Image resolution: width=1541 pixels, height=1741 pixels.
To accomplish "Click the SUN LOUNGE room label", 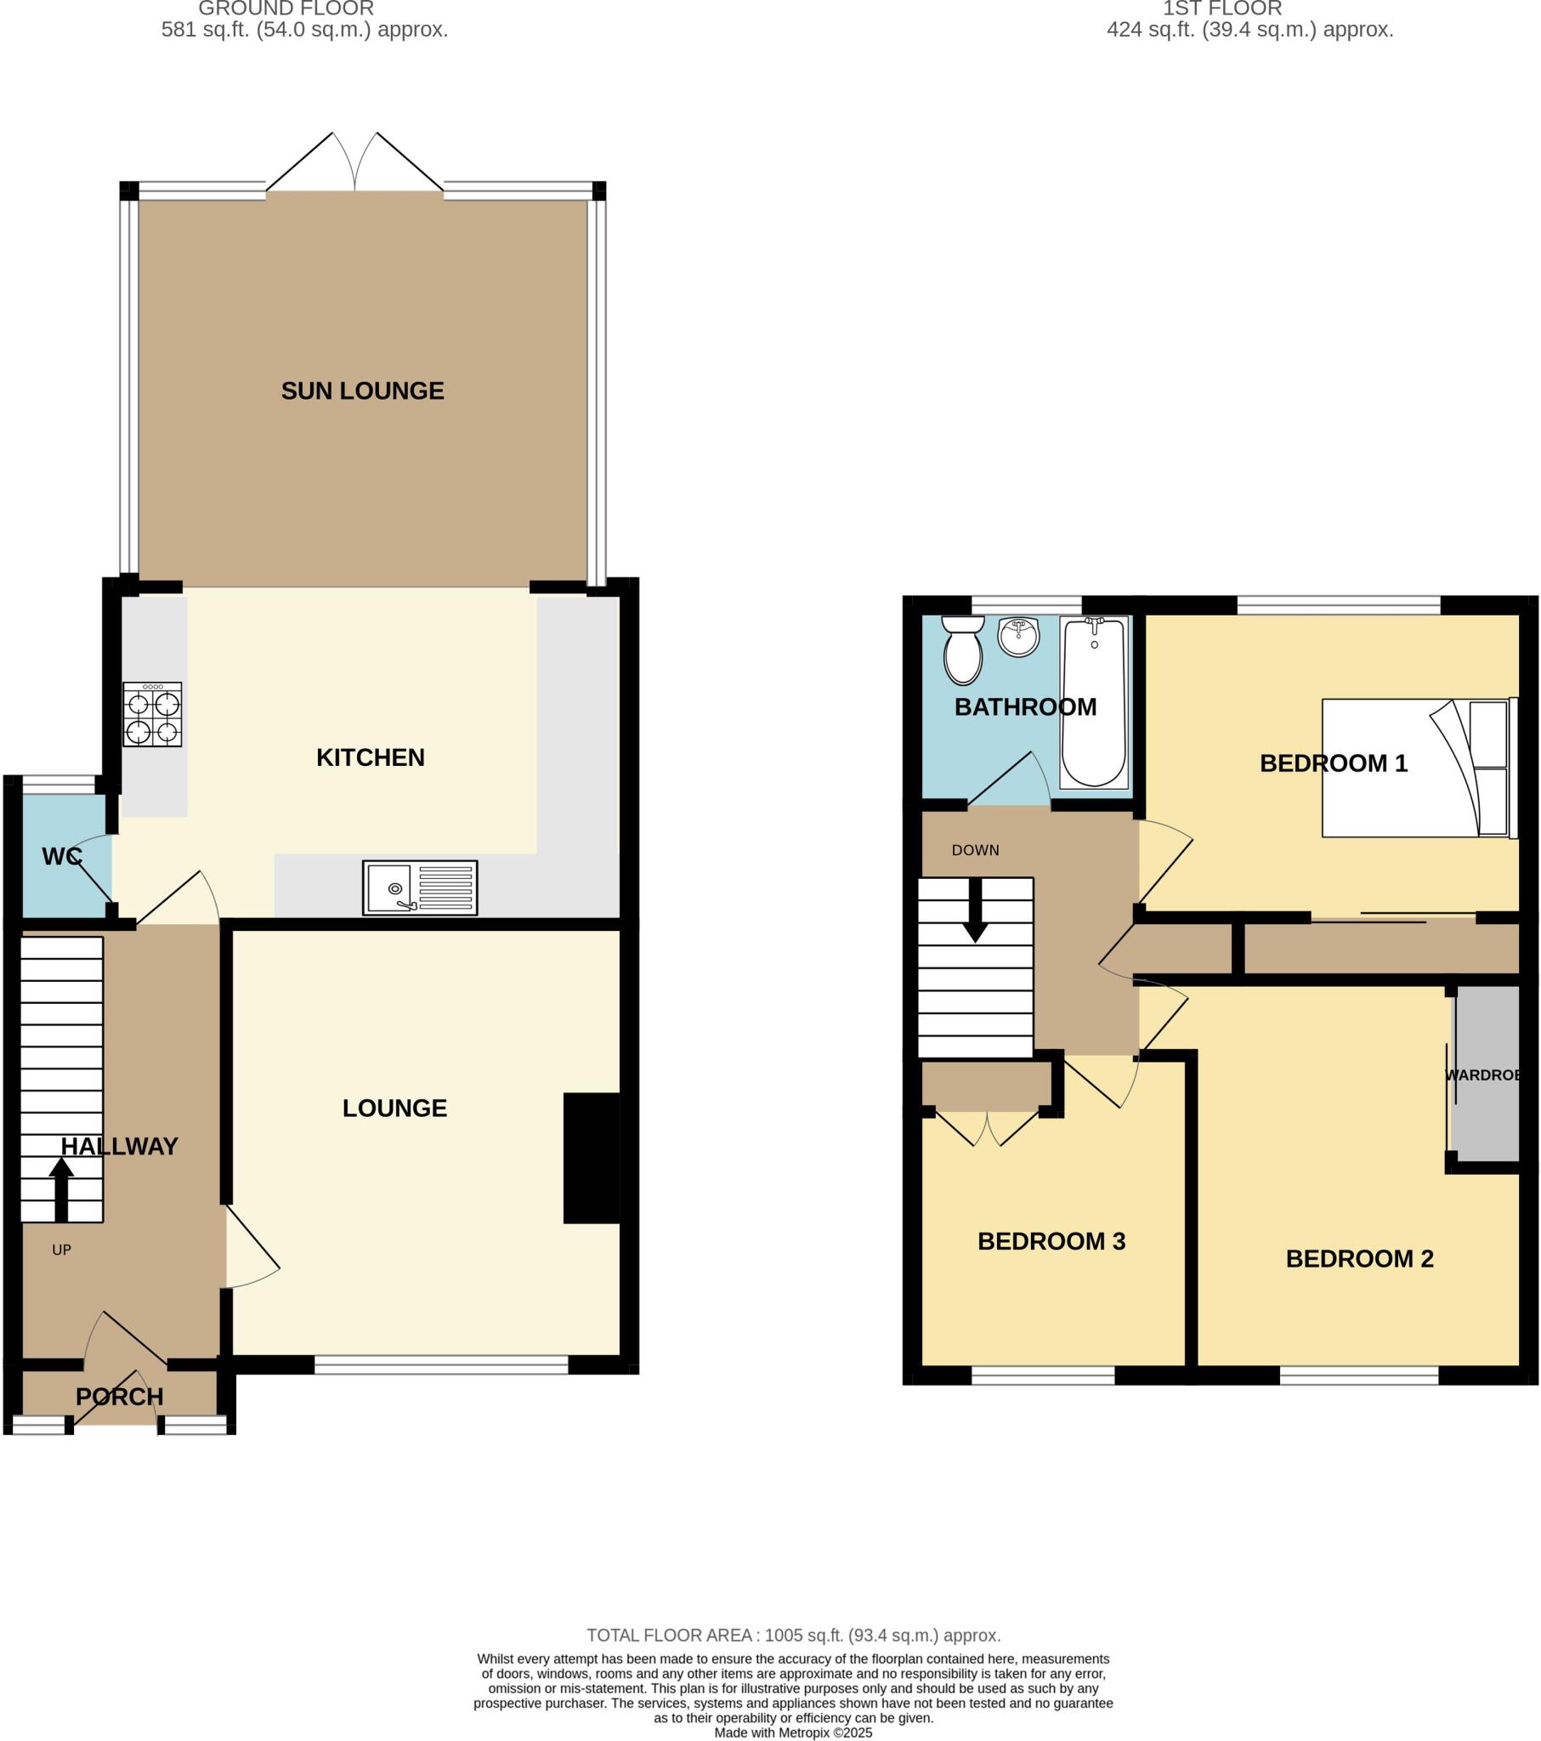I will tap(362, 391).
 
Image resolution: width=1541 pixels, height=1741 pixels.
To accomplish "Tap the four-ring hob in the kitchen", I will tap(152, 715).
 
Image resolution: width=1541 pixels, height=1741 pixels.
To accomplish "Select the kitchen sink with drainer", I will tap(420, 888).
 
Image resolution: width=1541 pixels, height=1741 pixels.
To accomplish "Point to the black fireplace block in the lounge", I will tap(592, 1158).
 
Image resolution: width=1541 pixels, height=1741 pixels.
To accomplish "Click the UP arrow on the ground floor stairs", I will tap(61, 1190).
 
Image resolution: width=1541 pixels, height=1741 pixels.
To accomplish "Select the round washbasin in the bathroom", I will tap(1018, 637).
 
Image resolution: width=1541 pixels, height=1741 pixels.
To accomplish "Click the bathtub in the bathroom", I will tap(1094, 703).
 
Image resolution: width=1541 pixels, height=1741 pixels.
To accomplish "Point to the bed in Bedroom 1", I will tap(1419, 768).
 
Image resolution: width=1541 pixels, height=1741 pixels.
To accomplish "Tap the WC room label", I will tap(62, 856).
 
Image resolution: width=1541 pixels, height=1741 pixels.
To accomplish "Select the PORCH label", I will tap(119, 1397).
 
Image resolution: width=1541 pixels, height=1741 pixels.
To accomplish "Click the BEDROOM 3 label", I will tap(1051, 1241).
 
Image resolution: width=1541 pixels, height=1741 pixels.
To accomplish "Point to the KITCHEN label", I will tap(370, 757).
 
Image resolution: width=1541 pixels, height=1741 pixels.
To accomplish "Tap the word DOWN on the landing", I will tap(976, 850).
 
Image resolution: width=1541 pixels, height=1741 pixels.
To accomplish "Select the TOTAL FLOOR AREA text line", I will tap(793, 1636).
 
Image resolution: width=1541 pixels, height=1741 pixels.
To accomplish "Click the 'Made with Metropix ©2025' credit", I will tap(793, 1732).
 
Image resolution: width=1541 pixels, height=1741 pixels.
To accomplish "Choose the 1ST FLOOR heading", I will tap(1221, 9).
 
